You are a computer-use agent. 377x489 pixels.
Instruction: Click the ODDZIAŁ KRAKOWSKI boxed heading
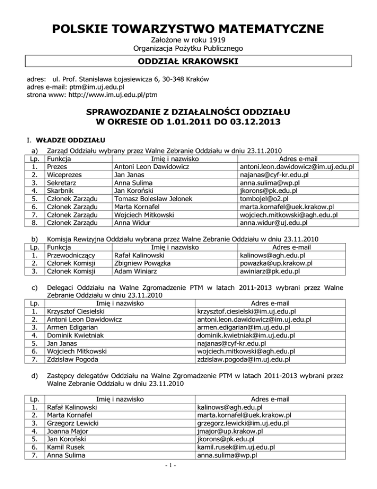tap(188, 62)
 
